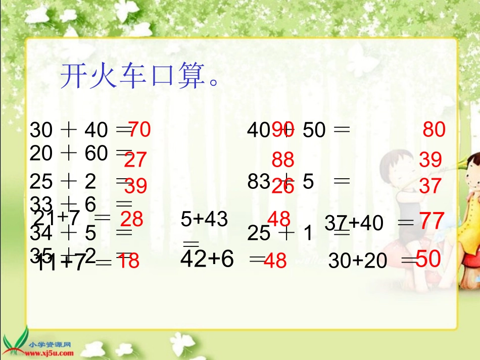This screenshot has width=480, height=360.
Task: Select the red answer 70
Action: (x=139, y=130)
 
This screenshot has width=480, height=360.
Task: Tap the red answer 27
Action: (x=135, y=160)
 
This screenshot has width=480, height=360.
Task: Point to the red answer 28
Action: (x=131, y=219)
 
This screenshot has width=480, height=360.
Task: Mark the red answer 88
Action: (x=283, y=160)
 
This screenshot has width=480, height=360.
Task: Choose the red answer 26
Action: (x=282, y=187)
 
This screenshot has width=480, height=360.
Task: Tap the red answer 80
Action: (x=434, y=130)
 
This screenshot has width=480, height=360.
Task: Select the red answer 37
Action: (x=430, y=186)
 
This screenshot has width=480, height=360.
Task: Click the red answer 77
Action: (x=432, y=221)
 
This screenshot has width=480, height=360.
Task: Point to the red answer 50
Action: (x=428, y=259)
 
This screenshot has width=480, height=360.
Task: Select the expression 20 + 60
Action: (x=69, y=153)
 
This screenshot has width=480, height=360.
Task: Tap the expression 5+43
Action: (x=204, y=220)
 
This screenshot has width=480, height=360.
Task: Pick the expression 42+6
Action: (x=207, y=259)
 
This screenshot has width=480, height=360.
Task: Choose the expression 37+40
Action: (x=354, y=222)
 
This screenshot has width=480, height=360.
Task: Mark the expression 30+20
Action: (x=358, y=261)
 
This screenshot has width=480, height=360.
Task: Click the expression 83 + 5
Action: (x=280, y=181)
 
